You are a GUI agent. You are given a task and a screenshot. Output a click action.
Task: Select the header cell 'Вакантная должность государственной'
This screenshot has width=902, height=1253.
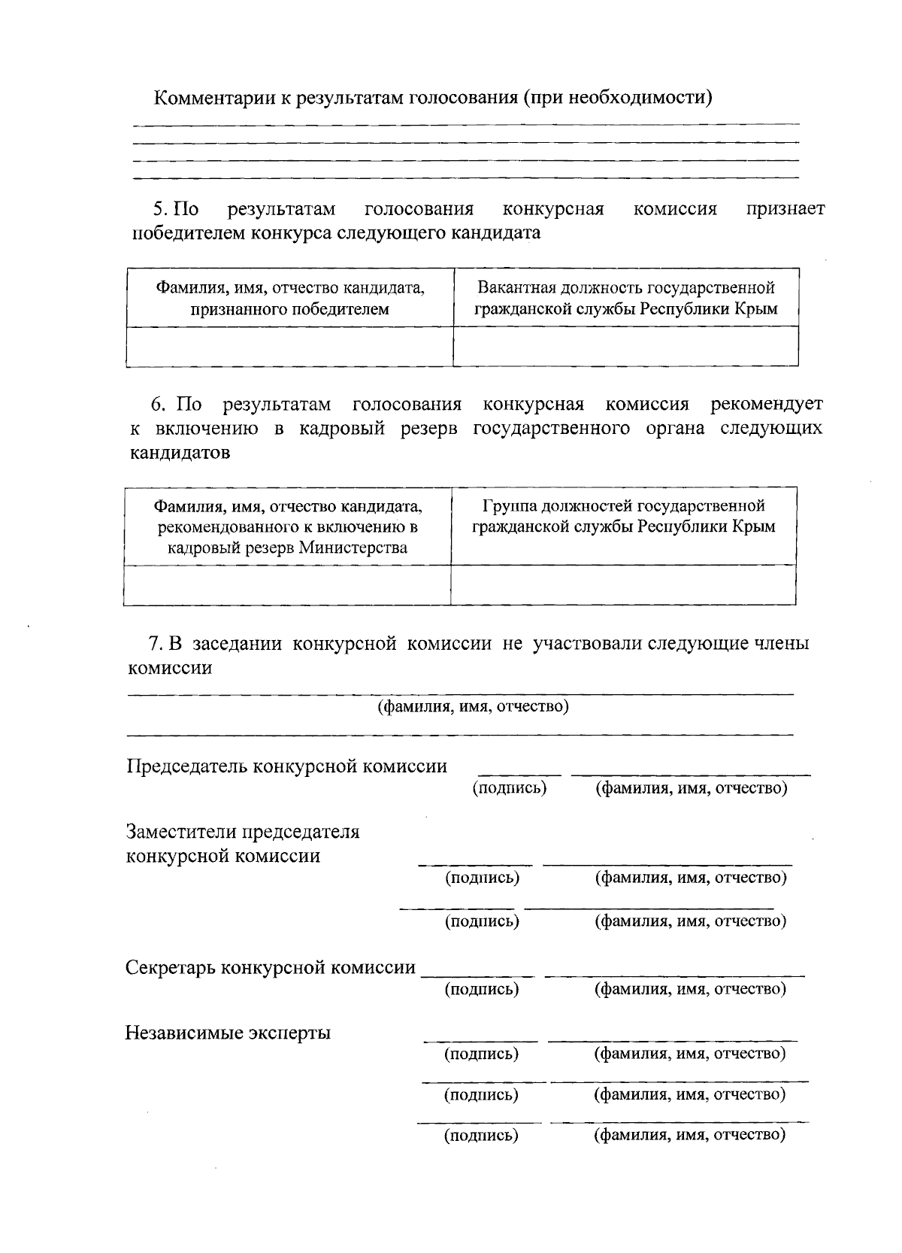pyautogui.click(x=625, y=298)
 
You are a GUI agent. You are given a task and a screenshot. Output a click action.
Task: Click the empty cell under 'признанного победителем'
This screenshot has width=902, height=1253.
pyautogui.click(x=289, y=346)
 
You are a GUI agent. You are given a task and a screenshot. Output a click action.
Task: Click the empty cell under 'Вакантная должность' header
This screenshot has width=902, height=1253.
pyautogui.click(x=625, y=346)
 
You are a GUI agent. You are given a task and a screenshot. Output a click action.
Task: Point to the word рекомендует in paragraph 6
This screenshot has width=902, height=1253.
pyautogui.click(x=766, y=405)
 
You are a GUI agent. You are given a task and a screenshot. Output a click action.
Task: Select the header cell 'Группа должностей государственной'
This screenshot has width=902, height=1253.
pyautogui.click(x=623, y=516)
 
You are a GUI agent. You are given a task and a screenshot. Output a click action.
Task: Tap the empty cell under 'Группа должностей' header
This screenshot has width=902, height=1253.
pyautogui.click(x=623, y=584)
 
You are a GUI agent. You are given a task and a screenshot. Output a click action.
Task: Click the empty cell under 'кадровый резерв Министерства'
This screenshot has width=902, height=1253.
pyautogui.click(x=287, y=584)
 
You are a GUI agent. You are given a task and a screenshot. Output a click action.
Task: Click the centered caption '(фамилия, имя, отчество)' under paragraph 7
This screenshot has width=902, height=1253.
pyautogui.click(x=472, y=706)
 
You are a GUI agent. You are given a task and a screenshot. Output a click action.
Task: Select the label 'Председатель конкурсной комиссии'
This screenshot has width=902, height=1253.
pyautogui.click(x=286, y=766)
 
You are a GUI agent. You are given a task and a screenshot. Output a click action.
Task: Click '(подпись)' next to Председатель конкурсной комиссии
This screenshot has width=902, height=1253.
pyautogui.click(x=509, y=787)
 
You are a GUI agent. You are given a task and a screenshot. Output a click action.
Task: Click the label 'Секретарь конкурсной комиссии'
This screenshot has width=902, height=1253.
pyautogui.click(x=270, y=967)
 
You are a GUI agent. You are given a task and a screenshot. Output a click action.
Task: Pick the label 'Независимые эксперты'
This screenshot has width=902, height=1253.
pyautogui.click(x=228, y=1033)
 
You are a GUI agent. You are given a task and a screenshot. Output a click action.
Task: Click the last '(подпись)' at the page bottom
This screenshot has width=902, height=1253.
pyautogui.click(x=481, y=1135)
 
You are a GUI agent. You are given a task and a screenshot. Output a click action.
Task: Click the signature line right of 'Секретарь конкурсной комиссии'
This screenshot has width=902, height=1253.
pyautogui.click(x=478, y=975)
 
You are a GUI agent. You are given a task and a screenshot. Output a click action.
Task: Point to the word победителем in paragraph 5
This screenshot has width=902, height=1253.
pyautogui.click(x=188, y=232)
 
